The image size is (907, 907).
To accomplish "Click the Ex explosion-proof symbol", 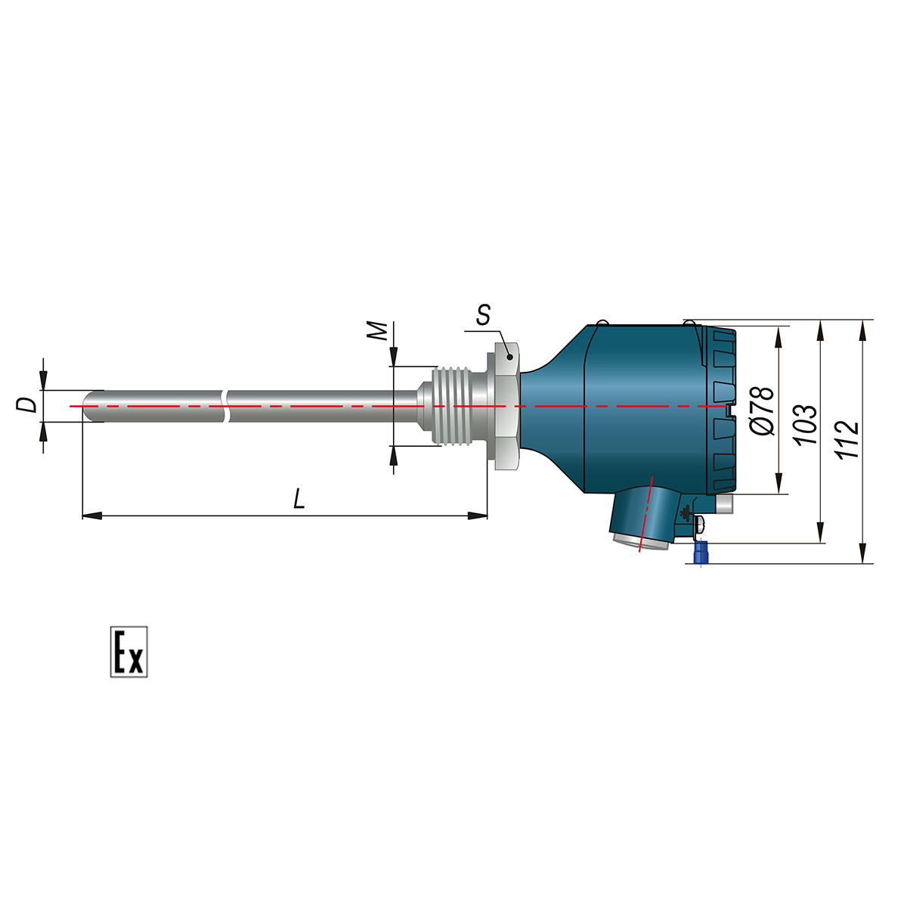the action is tap(128, 652).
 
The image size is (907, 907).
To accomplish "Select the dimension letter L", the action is tap(299, 499).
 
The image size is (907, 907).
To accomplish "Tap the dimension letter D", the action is tap(26, 405).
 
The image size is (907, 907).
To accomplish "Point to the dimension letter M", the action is tap(377, 331).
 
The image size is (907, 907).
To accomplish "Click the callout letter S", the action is tap(484, 315).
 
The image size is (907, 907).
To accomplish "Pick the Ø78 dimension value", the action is tap(761, 411).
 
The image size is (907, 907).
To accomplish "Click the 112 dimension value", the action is tap(847, 440).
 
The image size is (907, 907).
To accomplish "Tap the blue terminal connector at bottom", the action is tap(701, 552).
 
